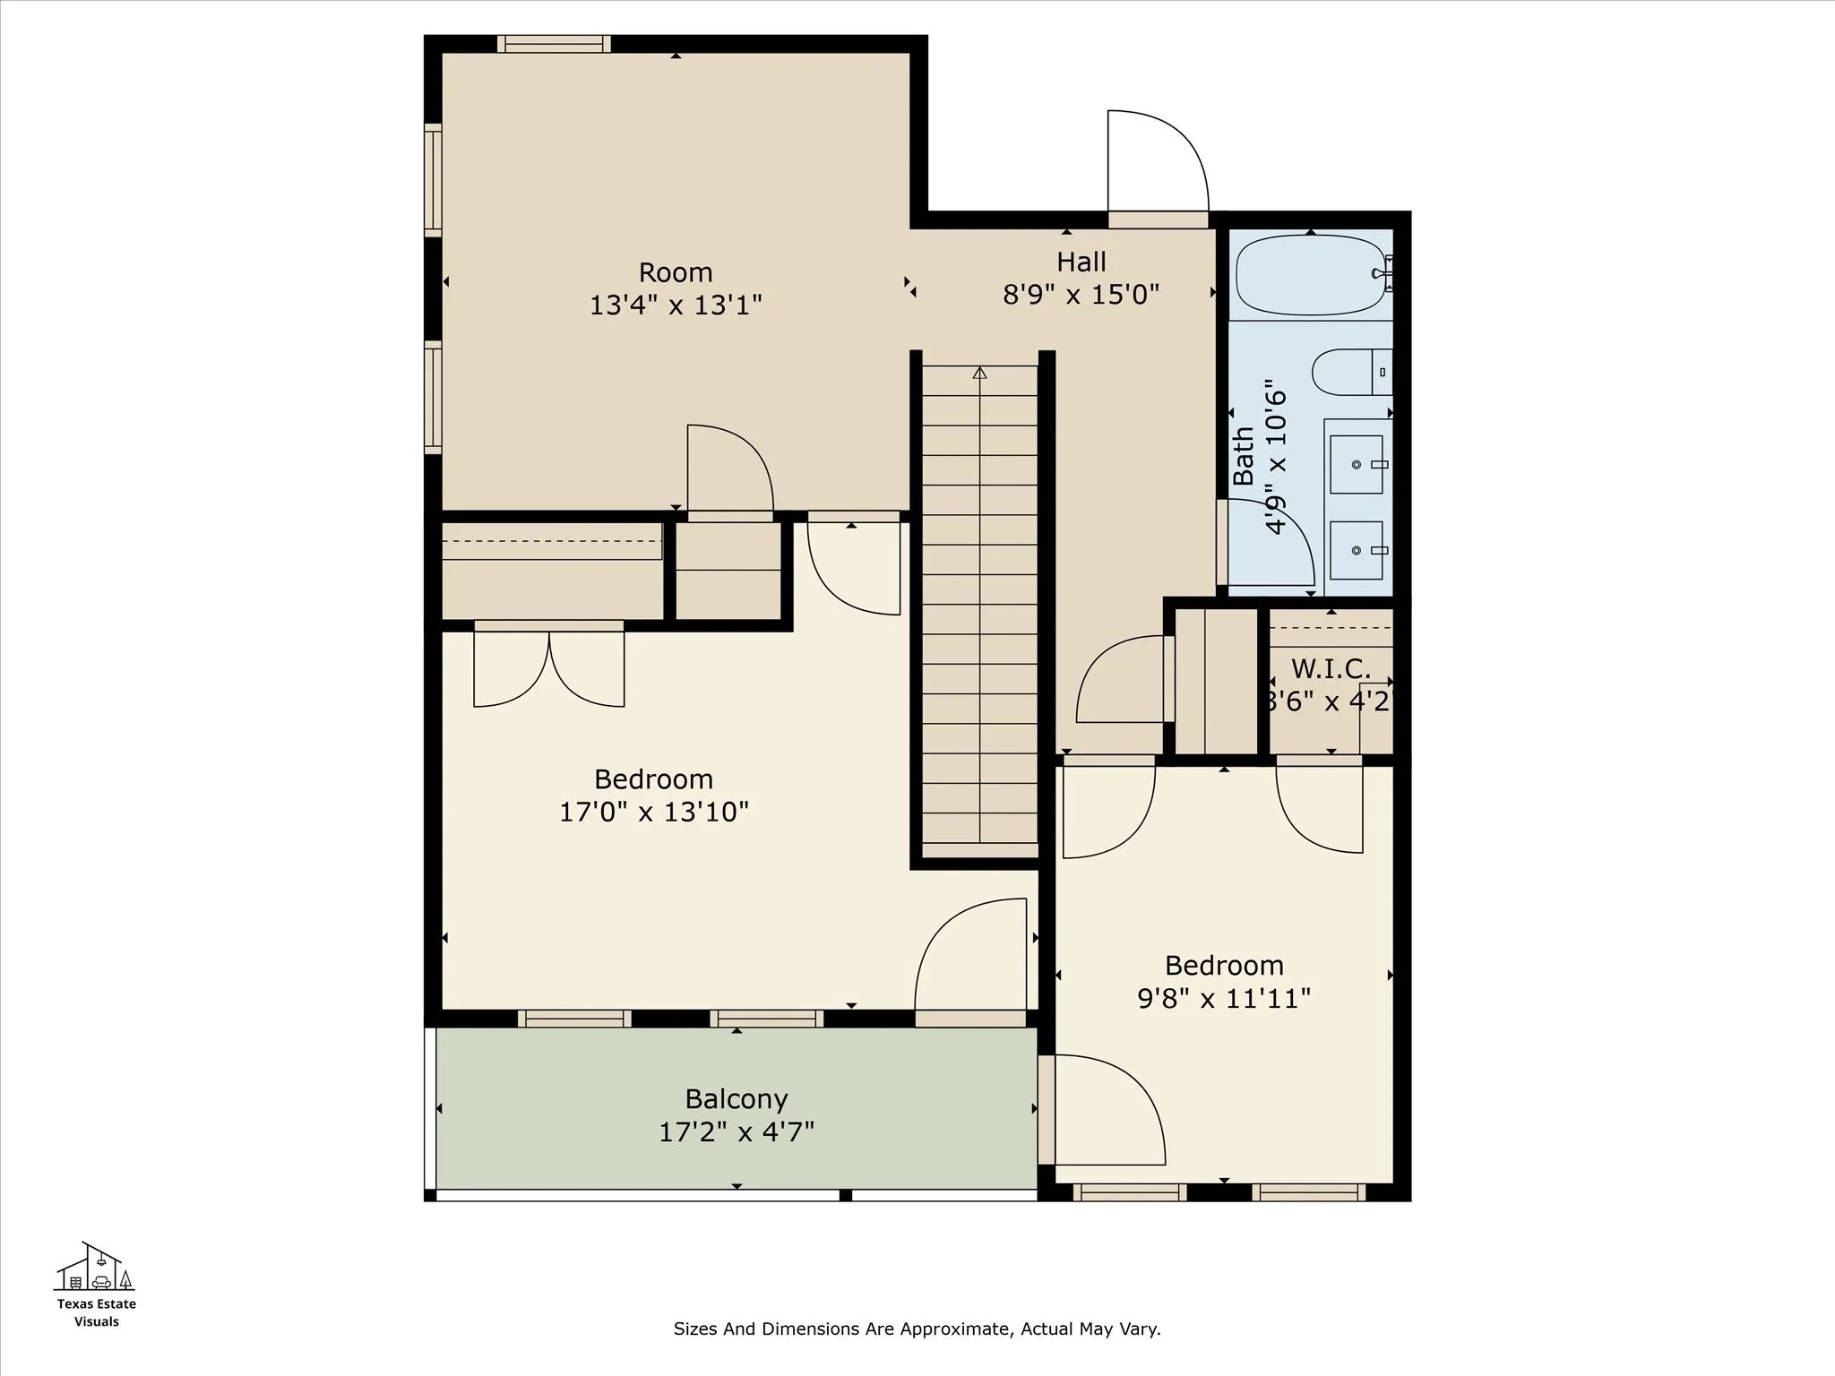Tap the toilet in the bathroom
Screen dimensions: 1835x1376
1352,372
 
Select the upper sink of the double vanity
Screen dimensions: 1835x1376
1357,464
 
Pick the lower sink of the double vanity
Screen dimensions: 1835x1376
1357,550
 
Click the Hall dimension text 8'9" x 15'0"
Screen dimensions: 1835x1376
1081,294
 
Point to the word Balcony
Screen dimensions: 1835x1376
737,1099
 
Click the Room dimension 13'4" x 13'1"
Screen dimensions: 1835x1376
676,305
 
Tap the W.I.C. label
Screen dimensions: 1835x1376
1331,669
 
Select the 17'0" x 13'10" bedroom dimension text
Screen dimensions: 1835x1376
654,812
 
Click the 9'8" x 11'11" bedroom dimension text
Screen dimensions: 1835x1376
1224,998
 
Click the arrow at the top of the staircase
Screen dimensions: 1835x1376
979,373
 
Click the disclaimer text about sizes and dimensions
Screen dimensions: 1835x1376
917,1329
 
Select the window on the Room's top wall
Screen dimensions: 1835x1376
554,44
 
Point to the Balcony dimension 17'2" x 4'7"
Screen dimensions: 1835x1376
737,1132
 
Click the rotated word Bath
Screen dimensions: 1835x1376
1244,457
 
